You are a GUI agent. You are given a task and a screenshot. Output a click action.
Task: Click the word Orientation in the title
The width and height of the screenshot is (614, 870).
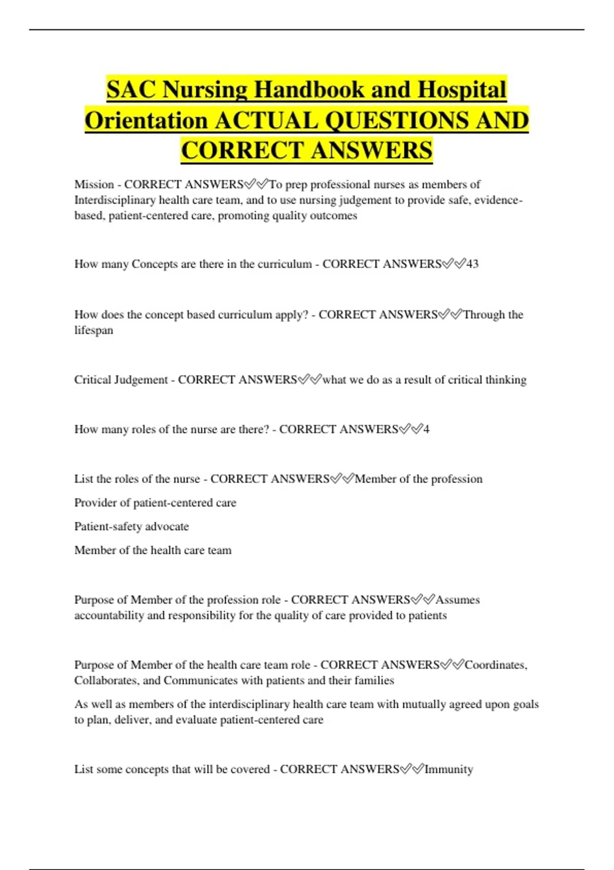(x=146, y=121)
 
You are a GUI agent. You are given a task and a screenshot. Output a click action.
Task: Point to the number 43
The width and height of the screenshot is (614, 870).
(x=472, y=264)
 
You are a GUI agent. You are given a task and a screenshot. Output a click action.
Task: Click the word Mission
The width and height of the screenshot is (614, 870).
(x=94, y=184)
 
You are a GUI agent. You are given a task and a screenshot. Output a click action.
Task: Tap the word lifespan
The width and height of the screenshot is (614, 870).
(x=94, y=330)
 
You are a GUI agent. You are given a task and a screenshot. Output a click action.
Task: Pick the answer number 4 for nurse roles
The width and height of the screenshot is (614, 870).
(x=426, y=429)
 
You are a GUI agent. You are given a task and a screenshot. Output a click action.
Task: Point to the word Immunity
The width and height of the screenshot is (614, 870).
(x=449, y=769)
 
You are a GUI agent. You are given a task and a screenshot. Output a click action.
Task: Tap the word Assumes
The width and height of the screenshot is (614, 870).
(x=457, y=600)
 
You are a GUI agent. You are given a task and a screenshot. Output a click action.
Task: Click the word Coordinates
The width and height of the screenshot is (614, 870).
(x=495, y=665)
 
